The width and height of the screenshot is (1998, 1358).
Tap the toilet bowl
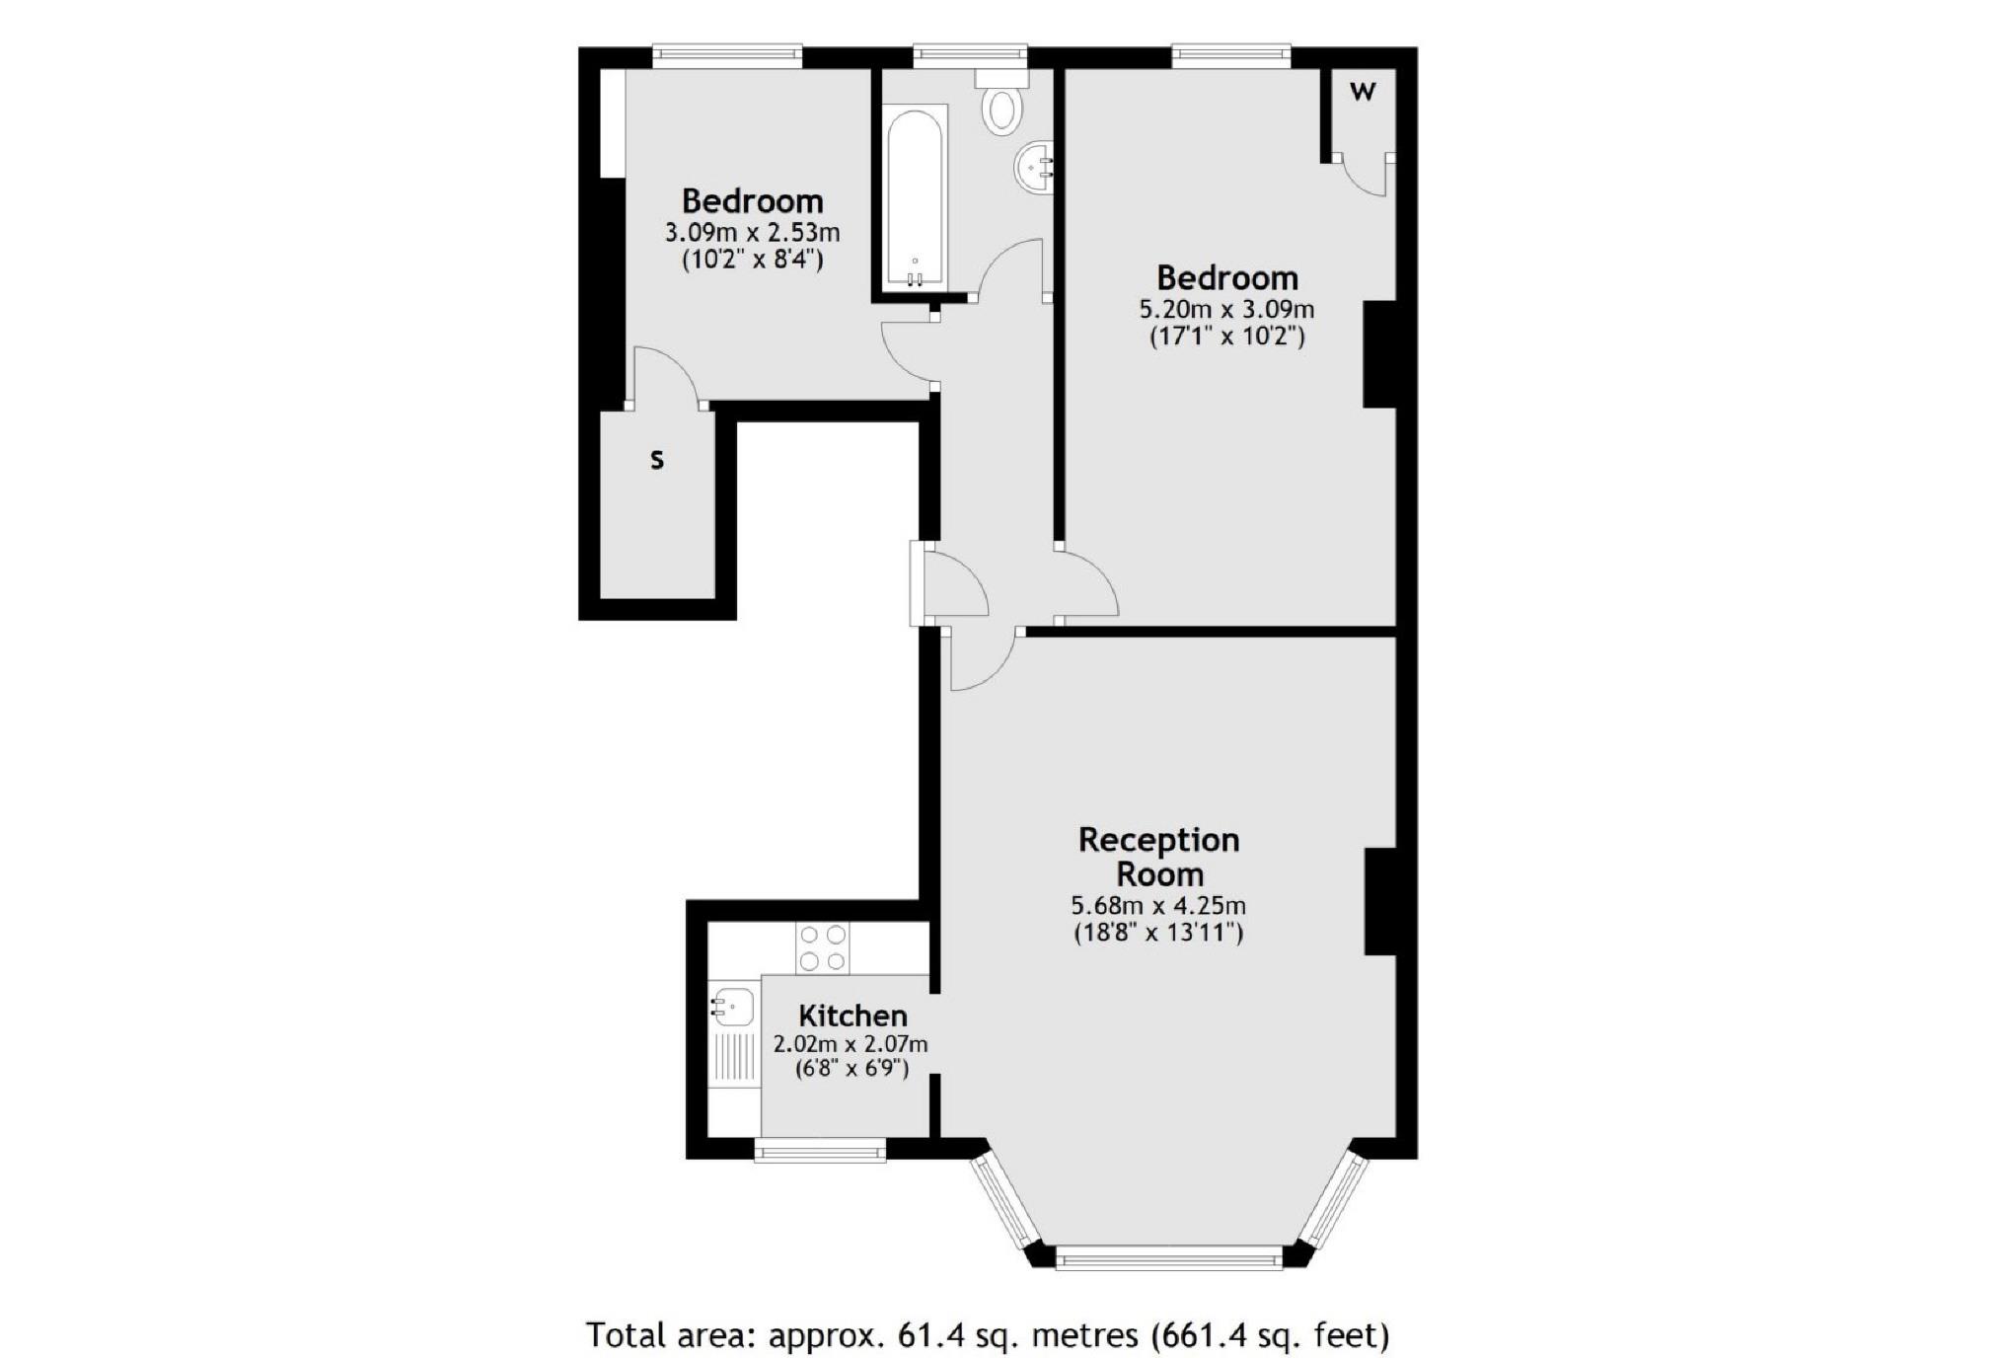point(1002,110)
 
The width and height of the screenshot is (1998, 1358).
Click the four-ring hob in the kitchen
point(823,947)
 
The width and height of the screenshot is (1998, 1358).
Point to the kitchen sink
point(732,1007)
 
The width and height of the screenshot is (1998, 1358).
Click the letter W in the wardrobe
point(1362,92)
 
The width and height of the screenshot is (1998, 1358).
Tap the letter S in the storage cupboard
point(657,459)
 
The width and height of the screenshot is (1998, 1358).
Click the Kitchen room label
point(852,1016)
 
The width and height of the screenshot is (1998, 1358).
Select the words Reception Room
point(1158,857)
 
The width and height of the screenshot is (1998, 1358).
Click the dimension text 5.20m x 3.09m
point(1226,309)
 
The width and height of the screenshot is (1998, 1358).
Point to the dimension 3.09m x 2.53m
point(753,233)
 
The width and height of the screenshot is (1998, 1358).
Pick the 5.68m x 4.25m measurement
point(1158,905)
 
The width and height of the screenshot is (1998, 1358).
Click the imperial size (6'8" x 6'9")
point(851,1068)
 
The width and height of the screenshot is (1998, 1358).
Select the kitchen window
point(820,1149)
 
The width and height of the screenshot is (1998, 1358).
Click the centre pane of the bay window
point(1169,1256)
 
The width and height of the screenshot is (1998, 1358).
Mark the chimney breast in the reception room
point(1380,901)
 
